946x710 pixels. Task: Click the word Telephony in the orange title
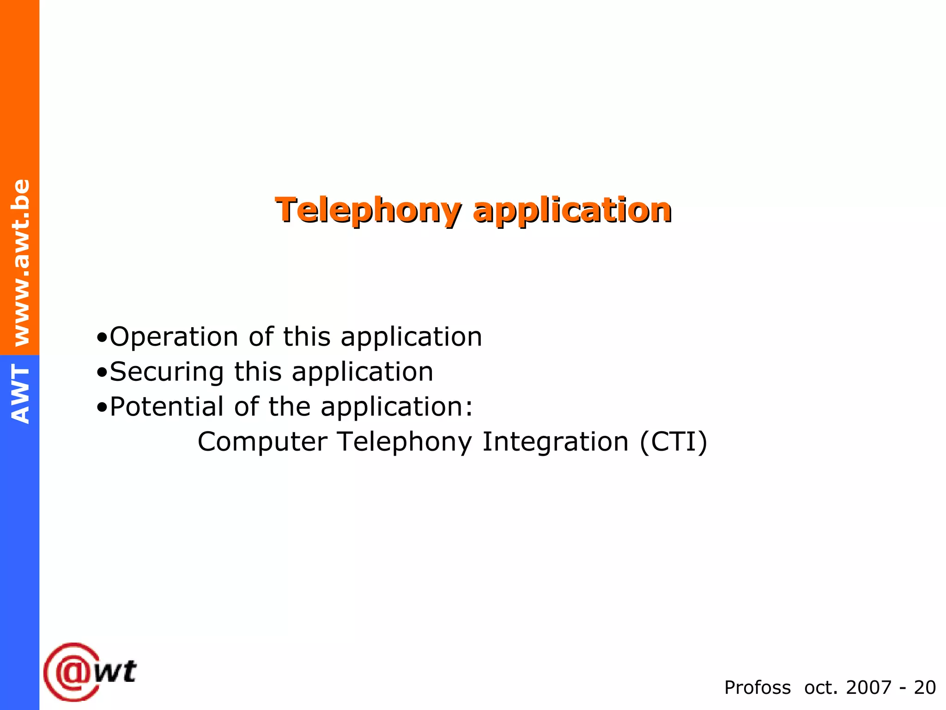coord(368,211)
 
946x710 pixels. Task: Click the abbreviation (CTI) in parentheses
coord(673,442)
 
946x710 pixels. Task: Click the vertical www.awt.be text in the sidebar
coord(21,263)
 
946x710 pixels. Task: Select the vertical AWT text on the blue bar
coord(21,394)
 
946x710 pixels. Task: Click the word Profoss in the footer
coord(757,688)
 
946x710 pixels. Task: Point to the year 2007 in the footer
coord(868,688)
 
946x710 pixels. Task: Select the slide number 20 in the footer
coord(925,688)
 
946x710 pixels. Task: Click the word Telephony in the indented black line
coord(405,442)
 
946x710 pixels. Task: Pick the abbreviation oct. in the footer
coord(821,688)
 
